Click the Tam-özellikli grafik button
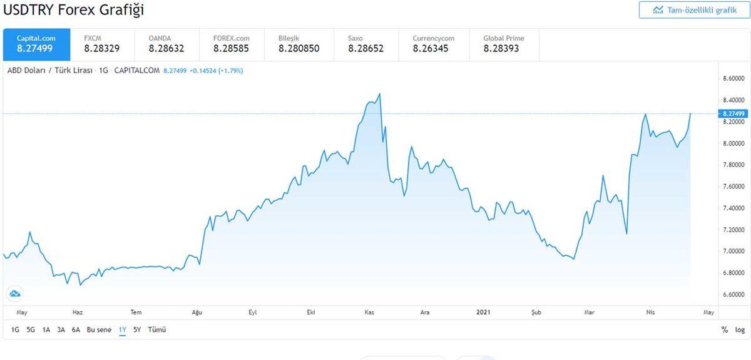tap(694, 10)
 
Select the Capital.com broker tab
tap(36, 43)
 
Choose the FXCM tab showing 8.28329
tap(101, 43)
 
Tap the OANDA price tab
tap(166, 43)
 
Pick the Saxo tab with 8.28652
tap(365, 43)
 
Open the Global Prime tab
tap(504, 43)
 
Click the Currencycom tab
tap(433, 43)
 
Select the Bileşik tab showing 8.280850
tap(299, 43)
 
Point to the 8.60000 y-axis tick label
tap(733, 79)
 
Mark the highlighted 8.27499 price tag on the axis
tap(733, 113)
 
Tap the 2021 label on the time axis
tap(483, 312)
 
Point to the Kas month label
tap(369, 312)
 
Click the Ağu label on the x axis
tap(197, 312)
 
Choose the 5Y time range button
tap(137, 329)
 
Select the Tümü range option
tap(157, 329)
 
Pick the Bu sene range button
tap(100, 329)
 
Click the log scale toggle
tap(740, 329)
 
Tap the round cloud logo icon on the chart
tap(15, 293)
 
